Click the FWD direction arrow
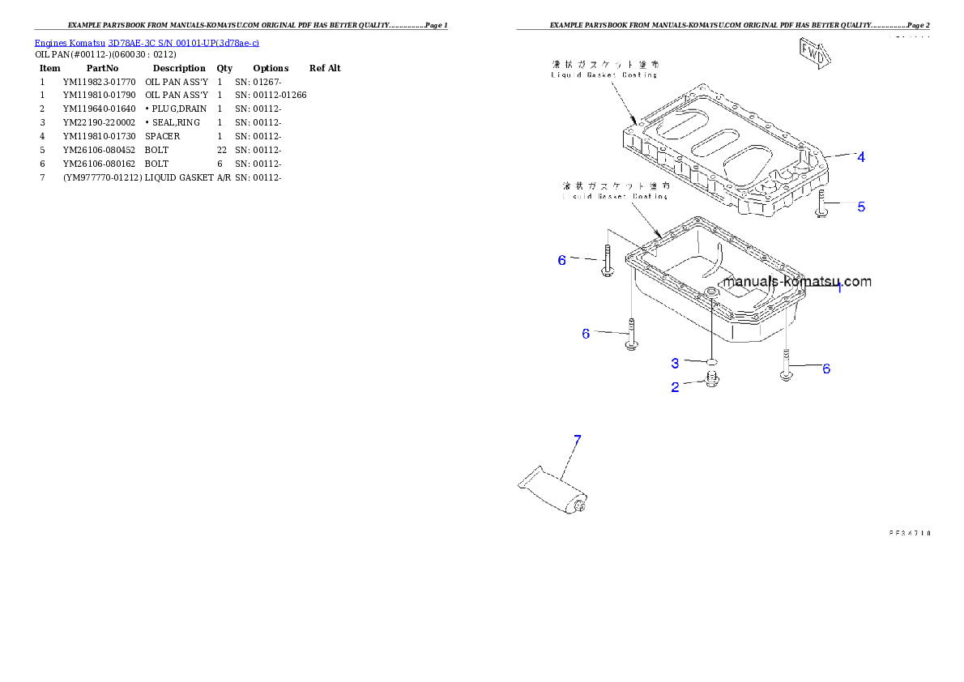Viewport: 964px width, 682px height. click(815, 53)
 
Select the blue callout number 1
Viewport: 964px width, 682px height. click(839, 288)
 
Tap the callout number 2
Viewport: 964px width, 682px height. click(676, 387)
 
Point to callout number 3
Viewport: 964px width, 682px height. click(675, 364)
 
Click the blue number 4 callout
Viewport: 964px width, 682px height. click(861, 157)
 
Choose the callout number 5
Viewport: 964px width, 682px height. click(861, 207)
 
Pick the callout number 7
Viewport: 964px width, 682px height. click(577, 441)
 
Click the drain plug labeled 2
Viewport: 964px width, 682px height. click(710, 380)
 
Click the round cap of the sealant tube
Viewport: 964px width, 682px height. click(582, 507)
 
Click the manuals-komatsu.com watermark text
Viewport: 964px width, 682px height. click(798, 282)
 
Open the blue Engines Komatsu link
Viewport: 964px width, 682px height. click(147, 42)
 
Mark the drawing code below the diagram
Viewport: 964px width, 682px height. click(909, 533)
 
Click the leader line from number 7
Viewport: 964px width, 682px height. click(568, 462)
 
